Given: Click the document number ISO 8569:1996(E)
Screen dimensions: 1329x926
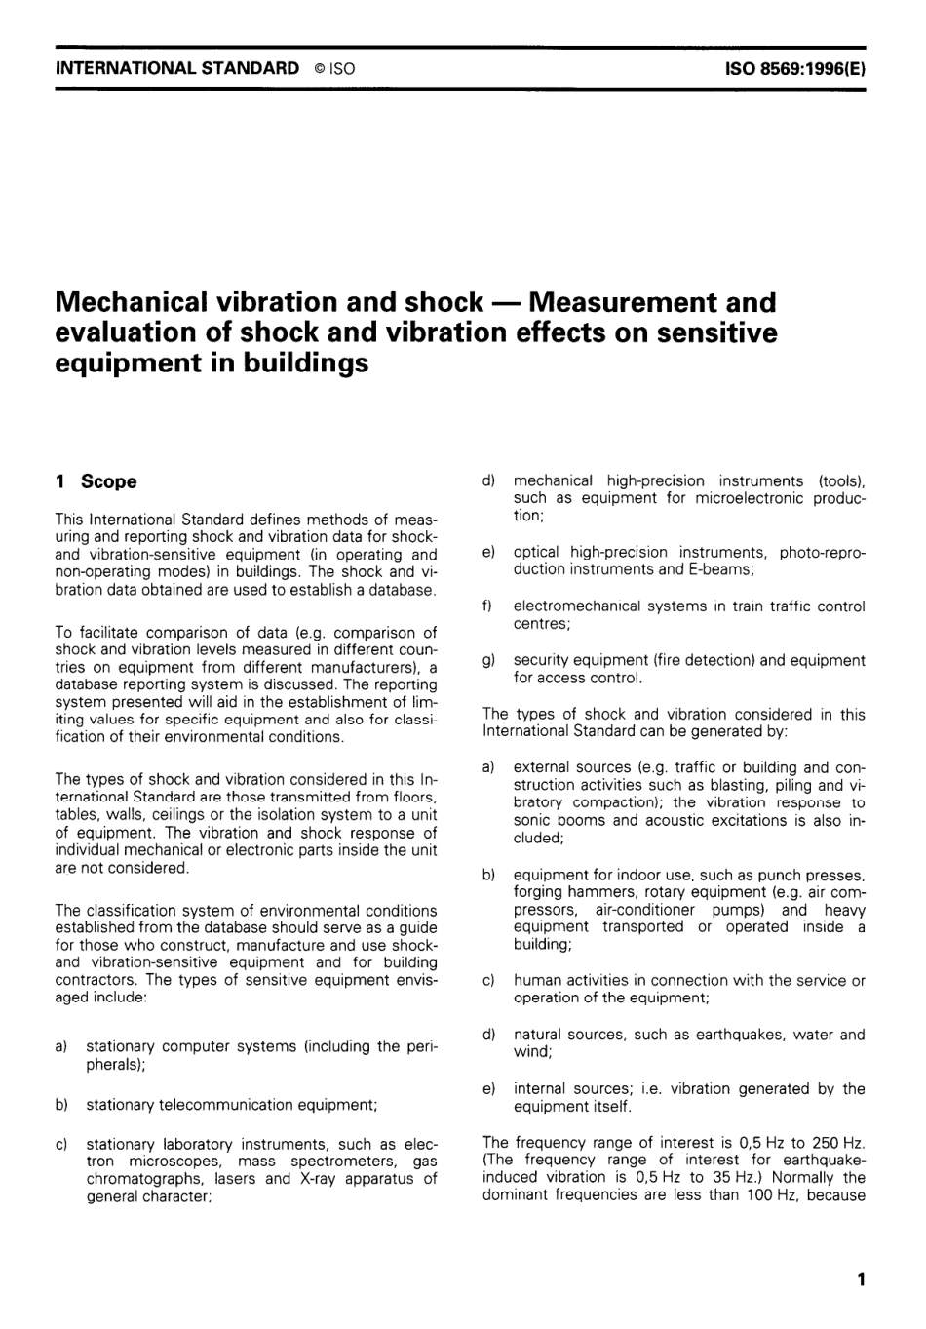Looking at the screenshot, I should click(x=796, y=68).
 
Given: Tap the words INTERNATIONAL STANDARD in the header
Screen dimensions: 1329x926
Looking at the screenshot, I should click(x=177, y=68).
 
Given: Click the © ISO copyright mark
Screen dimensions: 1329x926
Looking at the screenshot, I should click(x=334, y=68).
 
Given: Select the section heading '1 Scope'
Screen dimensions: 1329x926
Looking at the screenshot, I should click(x=96, y=481).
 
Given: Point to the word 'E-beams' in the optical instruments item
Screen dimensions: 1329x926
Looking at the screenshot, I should click(x=719, y=569).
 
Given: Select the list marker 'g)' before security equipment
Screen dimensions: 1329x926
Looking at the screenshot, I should click(x=489, y=660).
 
